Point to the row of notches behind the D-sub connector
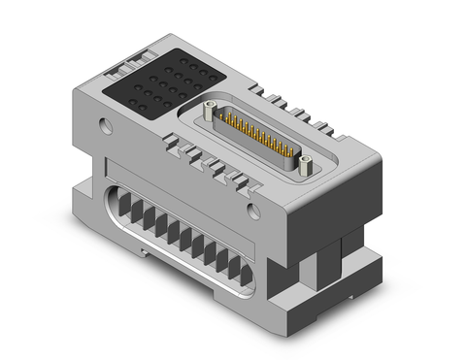pos(291,107)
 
